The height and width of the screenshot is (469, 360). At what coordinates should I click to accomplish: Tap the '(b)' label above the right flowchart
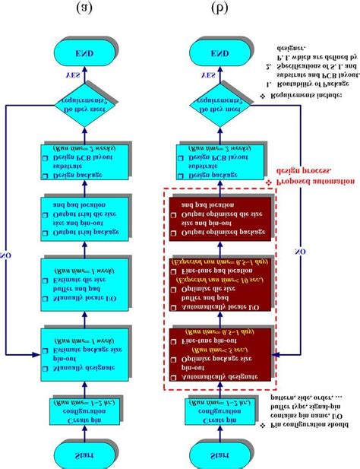pos(219,8)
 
